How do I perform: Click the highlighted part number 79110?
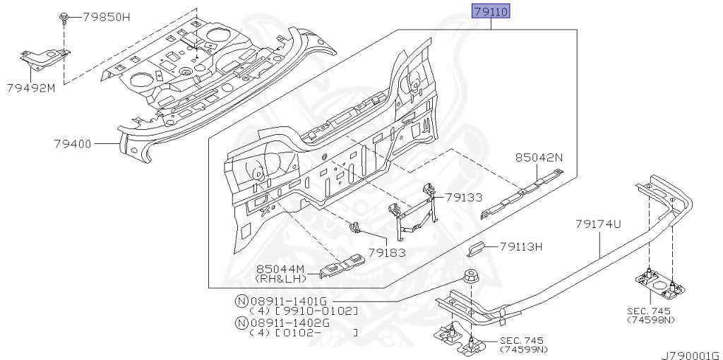(491, 11)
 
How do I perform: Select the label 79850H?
(107, 18)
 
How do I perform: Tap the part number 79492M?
(31, 88)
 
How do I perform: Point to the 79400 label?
(73, 144)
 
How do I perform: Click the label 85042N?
(539, 157)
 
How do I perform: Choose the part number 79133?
(464, 198)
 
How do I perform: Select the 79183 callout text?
(387, 253)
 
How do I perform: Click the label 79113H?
(521, 247)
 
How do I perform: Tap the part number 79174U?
(599, 224)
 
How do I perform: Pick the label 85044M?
(281, 269)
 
